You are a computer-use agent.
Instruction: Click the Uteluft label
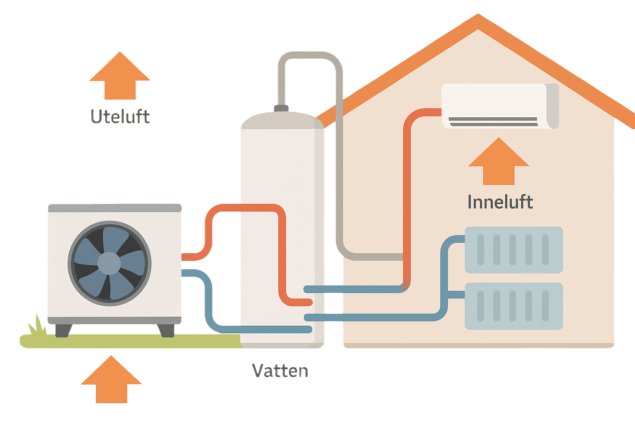[x=120, y=116]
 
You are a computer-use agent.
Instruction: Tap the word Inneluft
[x=500, y=202]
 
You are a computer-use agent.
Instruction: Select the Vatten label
[x=280, y=371]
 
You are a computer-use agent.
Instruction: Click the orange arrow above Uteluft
[x=120, y=76]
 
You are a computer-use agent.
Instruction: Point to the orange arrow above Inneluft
[x=499, y=162]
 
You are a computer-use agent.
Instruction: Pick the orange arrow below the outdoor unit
[x=111, y=380]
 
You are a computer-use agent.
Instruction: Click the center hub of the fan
[x=109, y=264]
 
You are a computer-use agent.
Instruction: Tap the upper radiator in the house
[x=513, y=250]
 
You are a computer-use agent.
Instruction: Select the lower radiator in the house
[x=513, y=306]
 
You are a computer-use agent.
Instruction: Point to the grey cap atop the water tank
[x=281, y=108]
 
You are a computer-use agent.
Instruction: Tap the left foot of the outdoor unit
[x=64, y=330]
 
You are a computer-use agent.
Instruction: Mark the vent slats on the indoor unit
[x=493, y=121]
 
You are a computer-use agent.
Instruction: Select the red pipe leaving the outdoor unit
[x=194, y=257]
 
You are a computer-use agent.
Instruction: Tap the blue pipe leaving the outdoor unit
[x=194, y=273]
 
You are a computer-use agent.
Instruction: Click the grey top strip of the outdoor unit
[x=115, y=208]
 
